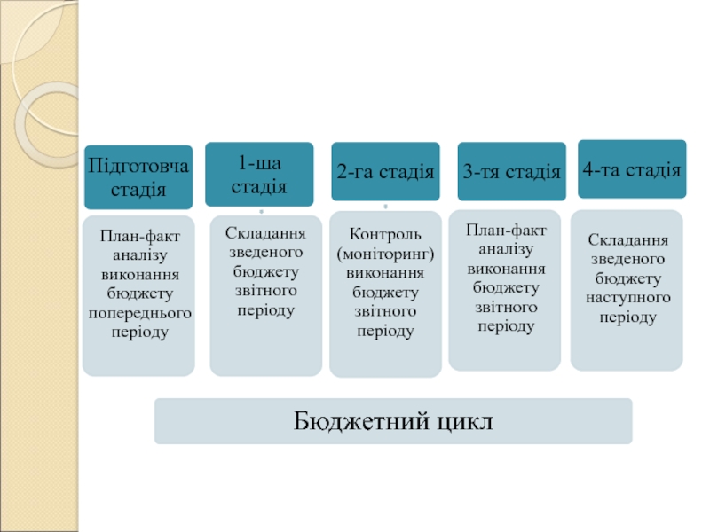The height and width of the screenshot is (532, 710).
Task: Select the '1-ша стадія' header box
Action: click(x=259, y=174)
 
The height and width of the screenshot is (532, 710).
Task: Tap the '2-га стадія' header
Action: click(x=385, y=172)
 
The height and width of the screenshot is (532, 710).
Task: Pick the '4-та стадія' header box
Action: click(x=632, y=169)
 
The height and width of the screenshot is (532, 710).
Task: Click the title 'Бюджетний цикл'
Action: click(x=393, y=421)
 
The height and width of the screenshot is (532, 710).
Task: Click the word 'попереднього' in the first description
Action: click(x=138, y=314)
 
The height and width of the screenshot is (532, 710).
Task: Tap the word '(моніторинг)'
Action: click(x=385, y=254)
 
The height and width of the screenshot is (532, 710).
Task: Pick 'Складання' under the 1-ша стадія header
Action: click(x=265, y=233)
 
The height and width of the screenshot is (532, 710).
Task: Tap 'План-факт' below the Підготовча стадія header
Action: click(x=138, y=235)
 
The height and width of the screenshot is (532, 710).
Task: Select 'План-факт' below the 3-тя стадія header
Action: click(x=506, y=230)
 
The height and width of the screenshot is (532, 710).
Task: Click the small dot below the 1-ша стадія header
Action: click(x=261, y=212)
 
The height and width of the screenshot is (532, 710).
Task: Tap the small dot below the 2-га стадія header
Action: click(x=385, y=207)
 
